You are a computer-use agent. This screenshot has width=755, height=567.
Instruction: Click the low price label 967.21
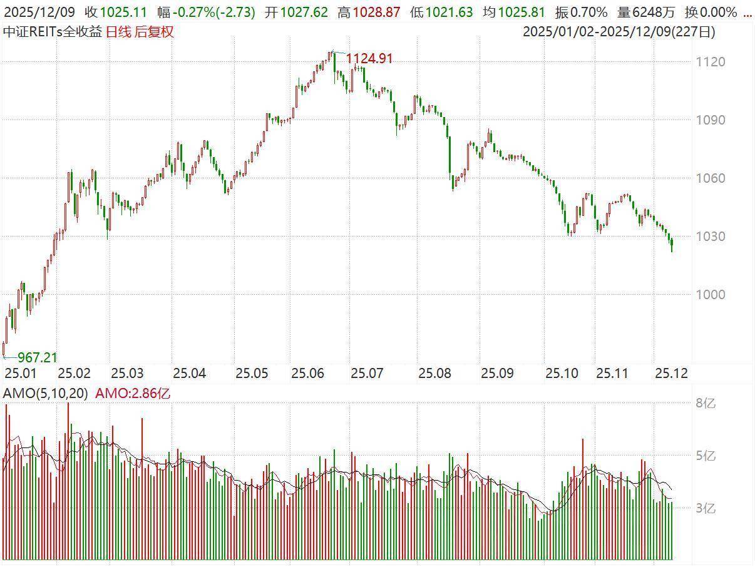click(x=37, y=357)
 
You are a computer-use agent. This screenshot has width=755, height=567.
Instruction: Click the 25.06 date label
click(x=307, y=374)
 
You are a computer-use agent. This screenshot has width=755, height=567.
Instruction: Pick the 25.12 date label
click(x=671, y=374)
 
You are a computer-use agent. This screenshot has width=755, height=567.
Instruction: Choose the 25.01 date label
click(x=20, y=374)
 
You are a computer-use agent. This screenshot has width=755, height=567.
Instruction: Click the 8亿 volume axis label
click(x=706, y=403)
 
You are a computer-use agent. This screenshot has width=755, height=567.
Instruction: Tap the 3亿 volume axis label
click(x=706, y=508)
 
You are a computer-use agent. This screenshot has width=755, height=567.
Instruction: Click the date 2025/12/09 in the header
click(x=39, y=12)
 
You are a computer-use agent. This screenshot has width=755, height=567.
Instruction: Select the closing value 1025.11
click(x=123, y=12)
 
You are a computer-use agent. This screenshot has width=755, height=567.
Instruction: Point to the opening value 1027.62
click(x=304, y=12)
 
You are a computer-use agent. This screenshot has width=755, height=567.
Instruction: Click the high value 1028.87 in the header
click(x=376, y=12)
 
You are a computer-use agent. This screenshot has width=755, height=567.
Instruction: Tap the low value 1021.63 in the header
click(x=449, y=12)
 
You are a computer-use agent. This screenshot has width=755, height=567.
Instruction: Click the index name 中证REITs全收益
click(x=53, y=31)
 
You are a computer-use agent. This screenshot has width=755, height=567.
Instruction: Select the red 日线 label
click(x=119, y=31)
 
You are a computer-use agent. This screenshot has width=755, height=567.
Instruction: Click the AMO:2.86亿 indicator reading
click(x=132, y=393)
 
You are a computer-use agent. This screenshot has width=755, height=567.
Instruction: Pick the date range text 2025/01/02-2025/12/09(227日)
click(x=619, y=31)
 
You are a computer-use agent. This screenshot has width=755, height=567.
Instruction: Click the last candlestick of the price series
click(x=672, y=244)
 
